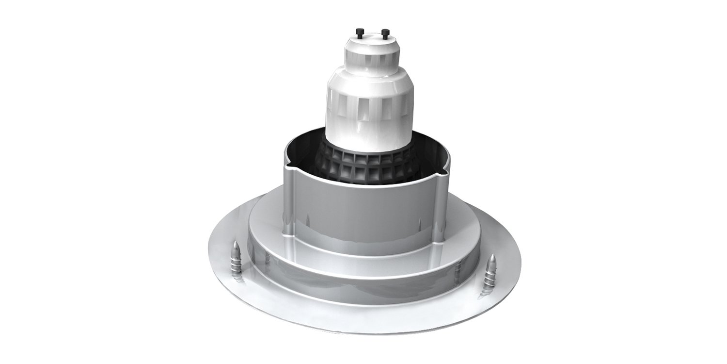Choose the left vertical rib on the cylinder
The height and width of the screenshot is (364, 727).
pos(287,204)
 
